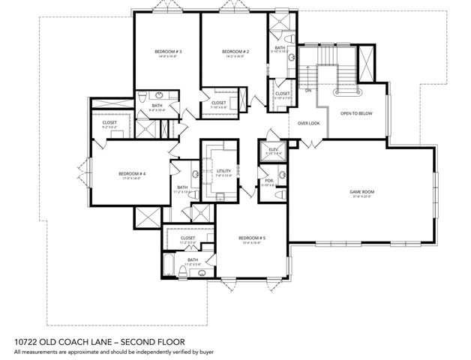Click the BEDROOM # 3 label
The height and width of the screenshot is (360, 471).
pos(165,51)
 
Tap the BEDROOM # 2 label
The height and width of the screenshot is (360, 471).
pos(235,51)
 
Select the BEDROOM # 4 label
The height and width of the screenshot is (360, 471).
pos(132,173)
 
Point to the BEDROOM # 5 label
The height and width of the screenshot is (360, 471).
pos(253,238)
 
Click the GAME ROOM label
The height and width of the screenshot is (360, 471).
pos(361,192)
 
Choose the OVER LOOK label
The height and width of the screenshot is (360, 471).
pos(308,123)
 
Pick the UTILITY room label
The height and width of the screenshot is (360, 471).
pos(223,172)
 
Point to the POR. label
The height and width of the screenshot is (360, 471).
pos(268,181)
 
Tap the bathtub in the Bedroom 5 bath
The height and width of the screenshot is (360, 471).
pos(169,263)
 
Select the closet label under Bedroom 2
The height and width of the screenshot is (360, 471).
pos(218,103)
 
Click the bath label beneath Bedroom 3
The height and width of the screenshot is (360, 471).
pos(157,106)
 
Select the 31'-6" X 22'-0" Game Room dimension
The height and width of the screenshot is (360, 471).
pos(361,196)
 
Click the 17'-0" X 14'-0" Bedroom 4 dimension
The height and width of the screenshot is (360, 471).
pos(132,178)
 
